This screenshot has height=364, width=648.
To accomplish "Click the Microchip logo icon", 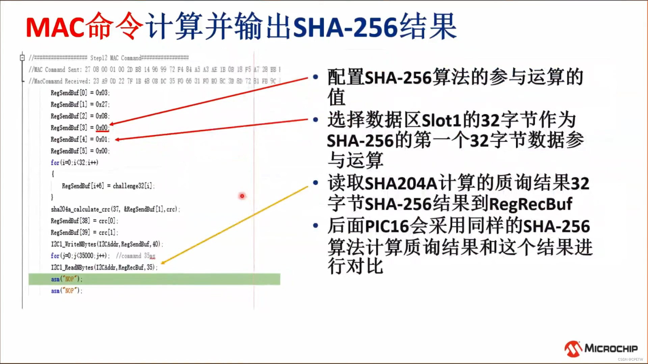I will pos(573,349).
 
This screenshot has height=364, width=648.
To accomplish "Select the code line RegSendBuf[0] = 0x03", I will pos(80,93).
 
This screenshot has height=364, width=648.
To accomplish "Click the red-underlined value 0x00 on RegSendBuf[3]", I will pos(102,128).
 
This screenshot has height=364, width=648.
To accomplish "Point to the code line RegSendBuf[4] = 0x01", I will pos(80,139).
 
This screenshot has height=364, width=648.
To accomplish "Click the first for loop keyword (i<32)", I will pos(55,163).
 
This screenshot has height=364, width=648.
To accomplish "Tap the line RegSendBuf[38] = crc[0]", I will pos(84,221).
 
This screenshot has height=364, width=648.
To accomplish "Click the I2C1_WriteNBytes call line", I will pos(107,244).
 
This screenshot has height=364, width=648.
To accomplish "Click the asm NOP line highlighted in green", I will pos(66,279).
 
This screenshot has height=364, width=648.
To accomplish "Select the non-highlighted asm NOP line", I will pos(66,291).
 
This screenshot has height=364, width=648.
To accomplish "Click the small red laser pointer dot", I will pos(242,196).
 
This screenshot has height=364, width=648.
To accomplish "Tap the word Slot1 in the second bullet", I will pos(441,120).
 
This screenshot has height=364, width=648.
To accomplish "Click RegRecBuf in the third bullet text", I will pos(531,204).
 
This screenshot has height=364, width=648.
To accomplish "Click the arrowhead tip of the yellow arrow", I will pos(162,263).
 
